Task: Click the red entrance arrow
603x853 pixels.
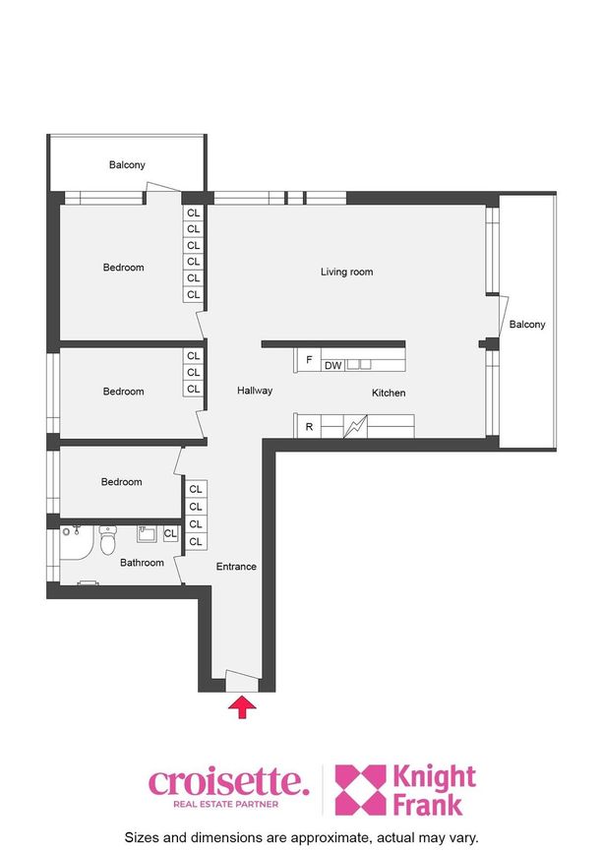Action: pos(241,708)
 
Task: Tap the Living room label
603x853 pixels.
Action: pos(347,272)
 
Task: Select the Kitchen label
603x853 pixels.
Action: pos(389,393)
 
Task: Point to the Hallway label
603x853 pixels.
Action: pos(255,390)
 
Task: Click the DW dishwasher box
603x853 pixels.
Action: pos(332,365)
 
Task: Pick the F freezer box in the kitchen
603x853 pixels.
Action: pos(308,359)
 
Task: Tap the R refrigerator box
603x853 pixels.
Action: pos(308,427)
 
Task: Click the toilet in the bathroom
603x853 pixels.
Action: pos(108,539)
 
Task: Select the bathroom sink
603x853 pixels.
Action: pos(147,533)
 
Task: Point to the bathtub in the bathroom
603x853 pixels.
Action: pos(76,542)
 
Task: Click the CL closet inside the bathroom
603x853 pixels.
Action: pos(170,533)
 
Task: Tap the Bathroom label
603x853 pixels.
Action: pos(142,563)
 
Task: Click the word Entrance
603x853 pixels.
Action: pos(236,567)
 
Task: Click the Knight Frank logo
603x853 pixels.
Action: pos(405,790)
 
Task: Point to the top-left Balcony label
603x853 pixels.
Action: pos(127,164)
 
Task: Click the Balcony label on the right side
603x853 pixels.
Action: pos(527,325)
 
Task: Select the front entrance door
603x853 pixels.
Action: pos(242,681)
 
